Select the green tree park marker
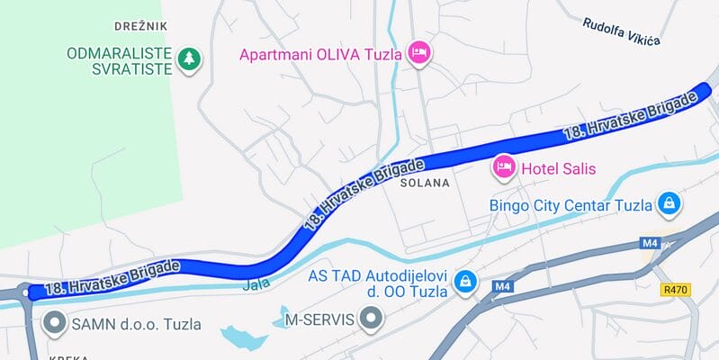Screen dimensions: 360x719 point(189,59)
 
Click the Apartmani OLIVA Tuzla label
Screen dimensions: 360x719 point(319,54)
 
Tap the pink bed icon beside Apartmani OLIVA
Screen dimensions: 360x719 point(418,53)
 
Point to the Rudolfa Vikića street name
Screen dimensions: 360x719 point(621,31)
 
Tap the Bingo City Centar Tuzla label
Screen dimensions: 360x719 point(570,204)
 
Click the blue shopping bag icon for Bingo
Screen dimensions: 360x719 point(669,203)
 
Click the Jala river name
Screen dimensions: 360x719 point(256,286)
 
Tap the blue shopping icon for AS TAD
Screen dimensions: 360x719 point(464,282)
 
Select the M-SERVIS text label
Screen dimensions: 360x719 point(319,319)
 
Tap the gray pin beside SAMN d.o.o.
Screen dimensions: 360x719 point(56,321)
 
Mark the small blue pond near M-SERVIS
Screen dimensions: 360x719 point(243,338)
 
